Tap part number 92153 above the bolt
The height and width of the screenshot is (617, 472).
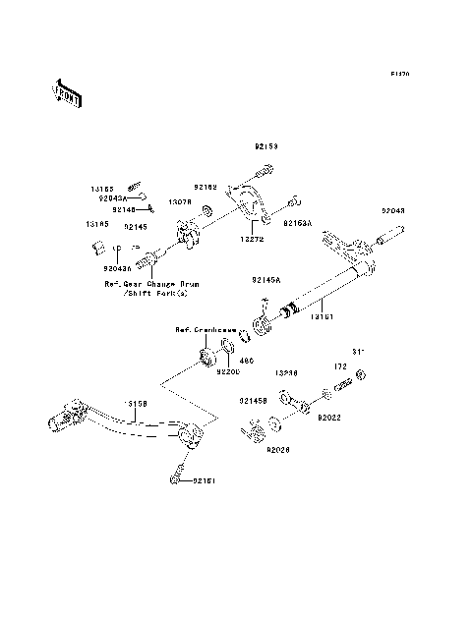[x=265, y=146]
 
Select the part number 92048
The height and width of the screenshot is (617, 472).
[x=393, y=211]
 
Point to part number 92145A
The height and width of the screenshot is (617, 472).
[x=265, y=280]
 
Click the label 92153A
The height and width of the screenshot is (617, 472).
[x=298, y=223]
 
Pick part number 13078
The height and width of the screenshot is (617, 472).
[x=179, y=201]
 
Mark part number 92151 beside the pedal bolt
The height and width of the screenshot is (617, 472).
[x=205, y=480]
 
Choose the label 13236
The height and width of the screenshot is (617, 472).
[x=286, y=374]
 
